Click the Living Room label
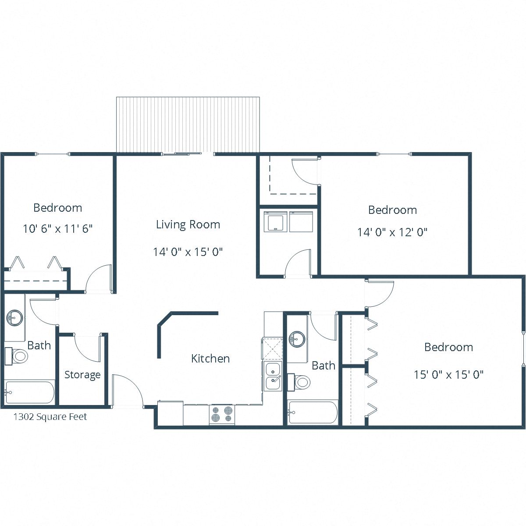[x=188, y=224]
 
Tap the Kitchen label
[x=210, y=359]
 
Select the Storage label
[x=82, y=375]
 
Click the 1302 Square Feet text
[x=50, y=416]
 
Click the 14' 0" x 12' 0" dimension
[x=392, y=232]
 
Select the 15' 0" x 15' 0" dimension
[x=448, y=375]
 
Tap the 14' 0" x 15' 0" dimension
[x=188, y=252]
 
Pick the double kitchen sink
[x=273, y=376]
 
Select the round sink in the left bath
[x=15, y=317]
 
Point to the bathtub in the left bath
[x=30, y=392]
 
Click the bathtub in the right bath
[x=313, y=412]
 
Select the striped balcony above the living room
[x=188, y=124]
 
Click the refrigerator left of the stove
[x=170, y=413]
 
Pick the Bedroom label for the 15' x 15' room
[x=448, y=347]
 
